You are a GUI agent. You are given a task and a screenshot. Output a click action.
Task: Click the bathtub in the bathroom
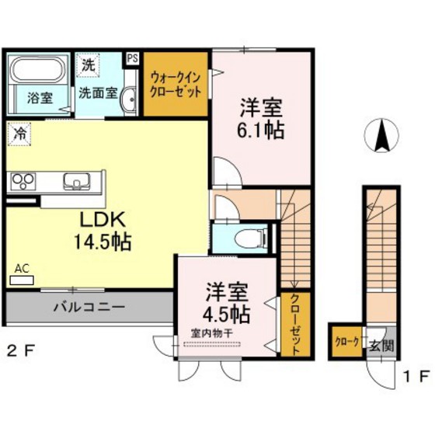[x=40, y=71]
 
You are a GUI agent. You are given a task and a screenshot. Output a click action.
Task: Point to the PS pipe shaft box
[x=132, y=58]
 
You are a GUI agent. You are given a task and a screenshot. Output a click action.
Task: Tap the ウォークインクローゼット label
[x=177, y=83]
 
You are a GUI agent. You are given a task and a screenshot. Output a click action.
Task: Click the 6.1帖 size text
[x=260, y=129]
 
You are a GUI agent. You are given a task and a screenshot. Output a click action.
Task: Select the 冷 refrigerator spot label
[x=19, y=134]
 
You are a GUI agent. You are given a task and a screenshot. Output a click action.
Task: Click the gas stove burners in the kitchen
[x=23, y=182]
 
